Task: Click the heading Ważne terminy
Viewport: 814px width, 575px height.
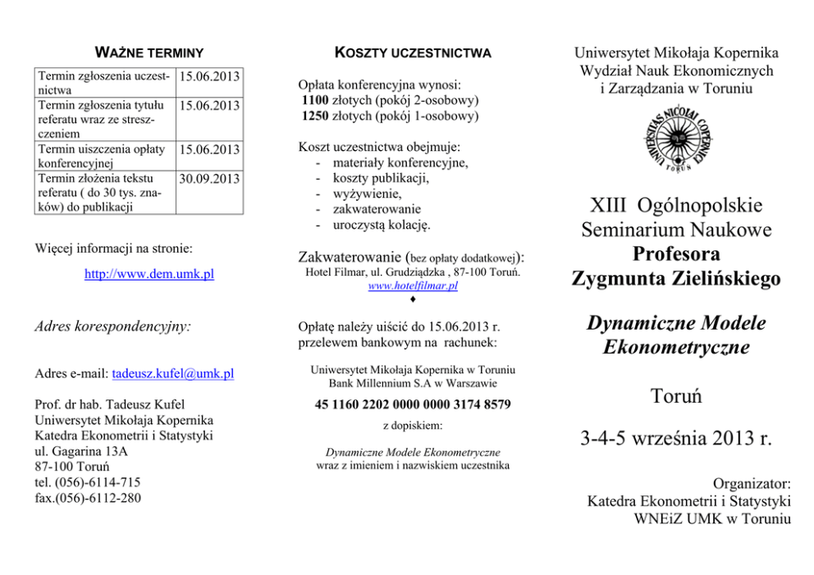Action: point(149,53)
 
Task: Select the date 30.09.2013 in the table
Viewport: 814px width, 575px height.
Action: point(210,178)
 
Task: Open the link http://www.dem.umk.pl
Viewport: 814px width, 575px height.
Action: point(149,274)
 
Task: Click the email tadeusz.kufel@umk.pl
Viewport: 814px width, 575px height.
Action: point(172,374)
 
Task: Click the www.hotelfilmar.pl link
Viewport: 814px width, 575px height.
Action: point(413,286)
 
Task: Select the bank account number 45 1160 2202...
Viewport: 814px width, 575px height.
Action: point(413,404)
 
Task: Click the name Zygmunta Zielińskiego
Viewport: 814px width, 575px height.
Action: point(675,279)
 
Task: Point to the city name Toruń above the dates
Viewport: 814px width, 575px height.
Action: point(675,397)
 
